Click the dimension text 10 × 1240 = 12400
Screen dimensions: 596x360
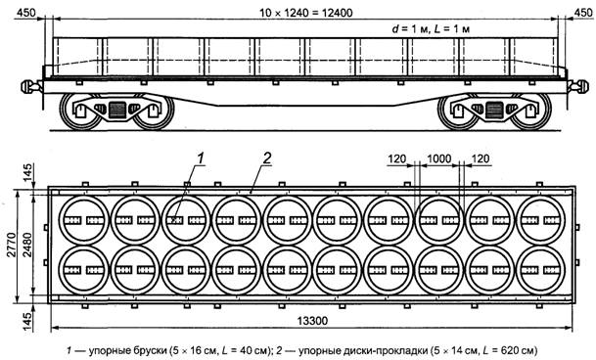point(306,13)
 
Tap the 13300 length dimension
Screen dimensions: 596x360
point(312,321)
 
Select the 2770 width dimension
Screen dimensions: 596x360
point(12,246)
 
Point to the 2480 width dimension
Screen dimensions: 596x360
point(27,246)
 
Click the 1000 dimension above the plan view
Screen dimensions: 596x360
point(439,158)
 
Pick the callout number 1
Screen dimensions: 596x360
point(201,157)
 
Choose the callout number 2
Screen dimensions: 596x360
point(267,157)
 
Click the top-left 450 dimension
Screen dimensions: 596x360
point(25,13)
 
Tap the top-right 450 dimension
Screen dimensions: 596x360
point(582,13)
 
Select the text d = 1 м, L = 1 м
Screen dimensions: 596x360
point(431,29)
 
